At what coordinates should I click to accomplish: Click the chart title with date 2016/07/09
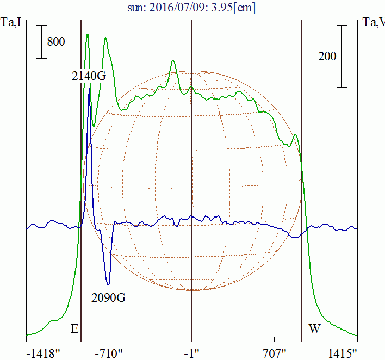191,8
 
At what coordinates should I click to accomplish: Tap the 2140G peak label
88,76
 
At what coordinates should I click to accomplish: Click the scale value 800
56,41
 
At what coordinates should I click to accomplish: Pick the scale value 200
327,56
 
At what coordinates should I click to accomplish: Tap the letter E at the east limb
74,328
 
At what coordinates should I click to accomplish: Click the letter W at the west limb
314,328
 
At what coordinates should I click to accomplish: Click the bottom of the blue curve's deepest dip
108,284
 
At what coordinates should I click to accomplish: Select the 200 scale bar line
341,56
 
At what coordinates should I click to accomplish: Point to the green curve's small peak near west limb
295,134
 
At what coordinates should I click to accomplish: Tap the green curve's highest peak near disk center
173,60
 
